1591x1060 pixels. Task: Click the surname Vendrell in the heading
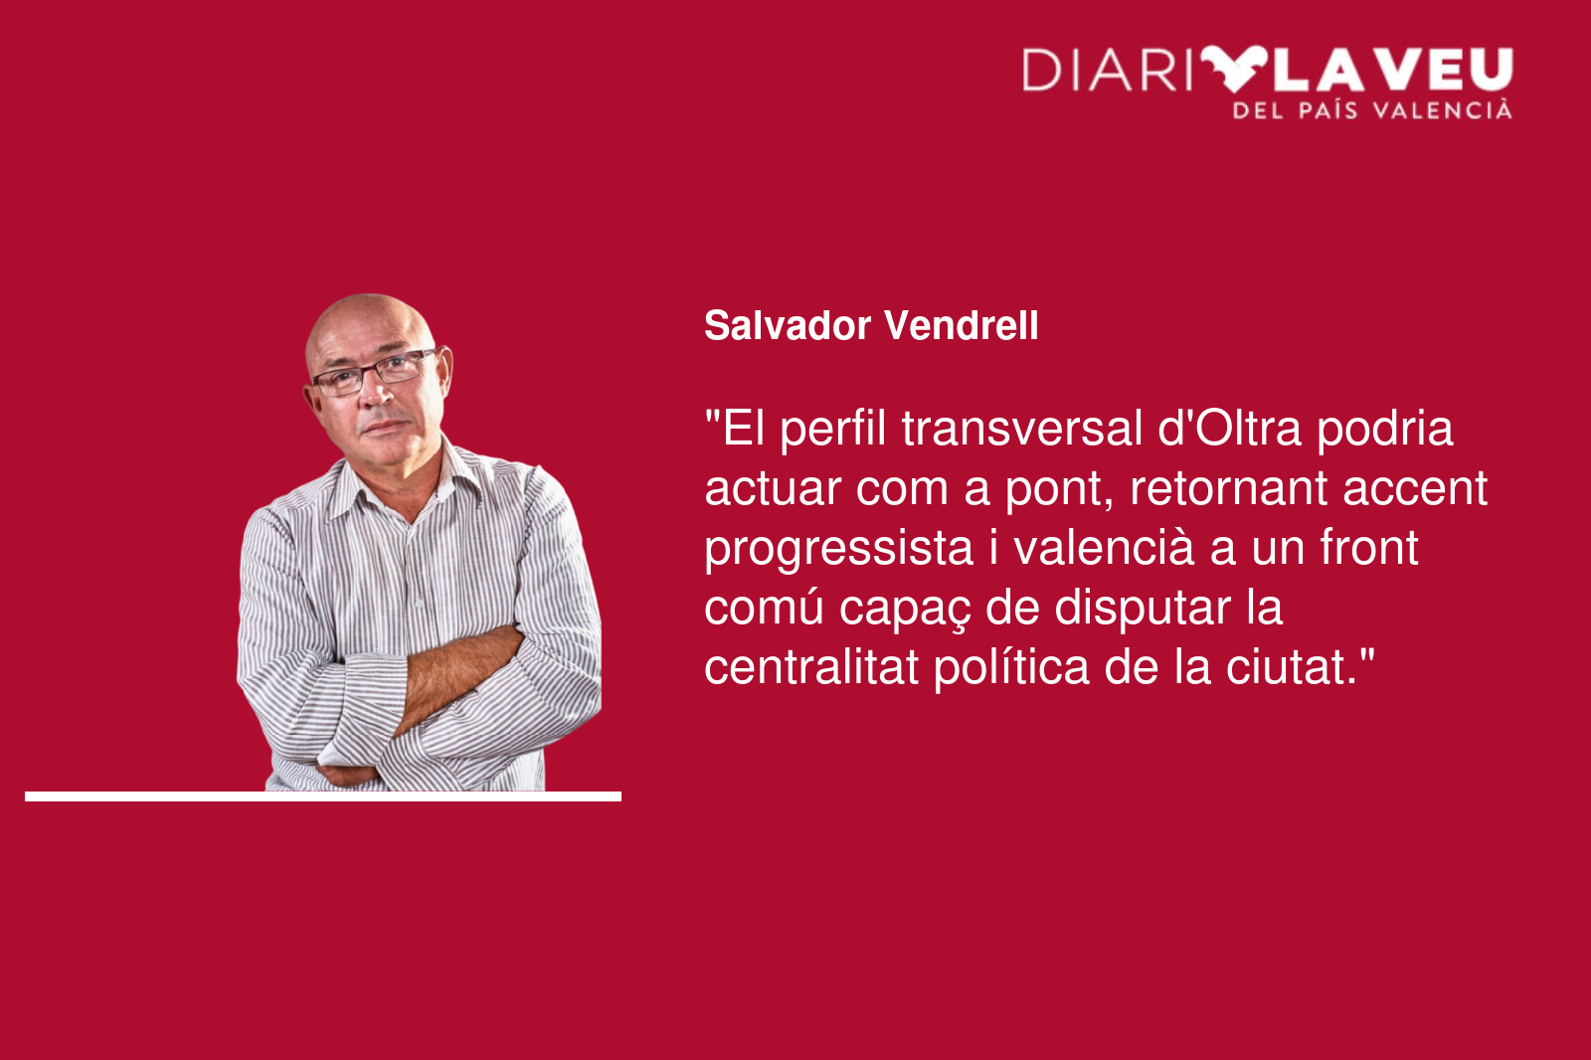click(961, 325)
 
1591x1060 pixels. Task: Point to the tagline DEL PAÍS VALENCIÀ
click(1373, 110)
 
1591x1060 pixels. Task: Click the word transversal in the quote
click(1022, 429)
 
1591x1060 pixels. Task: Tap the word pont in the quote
click(1059, 490)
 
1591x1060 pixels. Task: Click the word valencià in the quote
click(1104, 548)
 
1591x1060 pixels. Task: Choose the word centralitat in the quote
click(811, 667)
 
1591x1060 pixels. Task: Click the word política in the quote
click(1011, 669)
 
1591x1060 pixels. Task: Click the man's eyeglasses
click(375, 372)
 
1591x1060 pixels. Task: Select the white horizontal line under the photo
click(323, 796)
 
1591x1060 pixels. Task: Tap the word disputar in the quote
click(1143, 610)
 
